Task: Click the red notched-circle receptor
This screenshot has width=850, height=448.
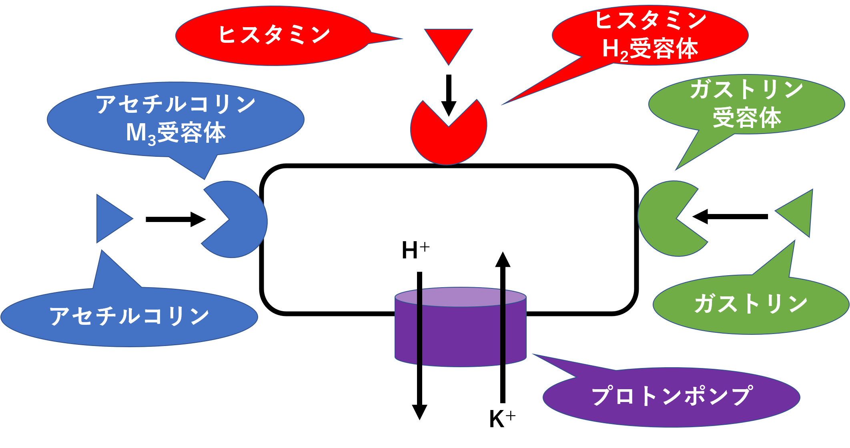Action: pyautogui.click(x=448, y=140)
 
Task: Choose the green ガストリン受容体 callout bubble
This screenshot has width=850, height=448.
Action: pyautogui.click(x=746, y=104)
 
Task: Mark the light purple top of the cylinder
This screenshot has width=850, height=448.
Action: pyautogui.click(x=460, y=297)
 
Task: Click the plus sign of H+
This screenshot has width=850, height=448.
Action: pyautogui.click(x=425, y=247)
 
